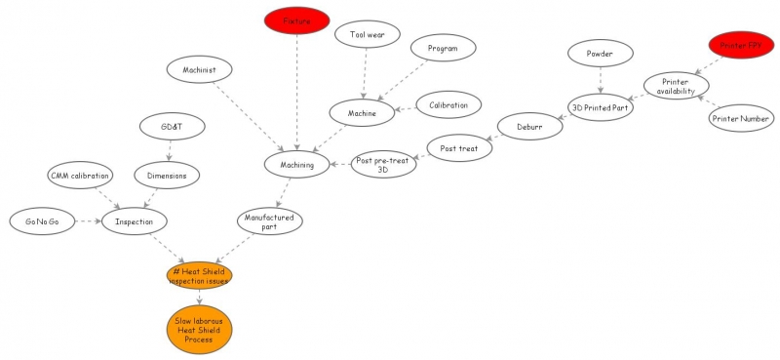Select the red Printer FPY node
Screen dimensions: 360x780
pos(740,45)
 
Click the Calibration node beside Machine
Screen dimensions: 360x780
pos(448,104)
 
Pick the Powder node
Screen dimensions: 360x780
pos(599,54)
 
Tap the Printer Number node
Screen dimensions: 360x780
pos(741,119)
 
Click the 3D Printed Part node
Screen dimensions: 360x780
pos(602,107)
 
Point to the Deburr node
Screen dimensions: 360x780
pos(529,126)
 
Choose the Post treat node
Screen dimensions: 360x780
pos(457,149)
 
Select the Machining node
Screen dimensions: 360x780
pos(296,165)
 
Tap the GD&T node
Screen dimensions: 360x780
pos(171,128)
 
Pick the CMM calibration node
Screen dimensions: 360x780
pos(80,176)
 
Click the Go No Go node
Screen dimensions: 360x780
pos(42,221)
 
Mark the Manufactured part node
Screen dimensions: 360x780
pos(270,220)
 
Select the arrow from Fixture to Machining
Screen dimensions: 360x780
pos(296,93)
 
